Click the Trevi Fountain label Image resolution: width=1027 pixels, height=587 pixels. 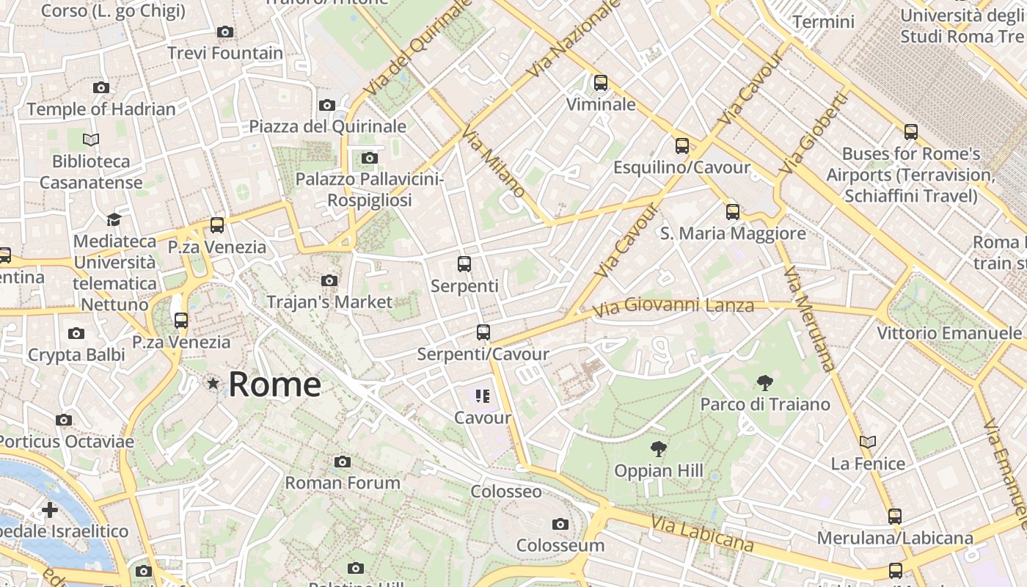(x=225, y=53)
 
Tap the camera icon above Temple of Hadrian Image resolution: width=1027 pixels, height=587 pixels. (x=101, y=88)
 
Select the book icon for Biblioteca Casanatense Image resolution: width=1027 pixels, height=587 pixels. (x=91, y=139)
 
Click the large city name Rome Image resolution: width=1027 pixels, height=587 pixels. (x=274, y=384)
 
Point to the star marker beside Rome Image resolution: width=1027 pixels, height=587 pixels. (x=213, y=383)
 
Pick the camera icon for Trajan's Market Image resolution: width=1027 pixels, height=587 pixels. (x=329, y=280)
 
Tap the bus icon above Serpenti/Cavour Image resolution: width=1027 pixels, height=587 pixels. (x=483, y=332)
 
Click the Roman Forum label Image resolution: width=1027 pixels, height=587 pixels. (x=343, y=483)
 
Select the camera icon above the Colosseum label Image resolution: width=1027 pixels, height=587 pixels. (x=560, y=524)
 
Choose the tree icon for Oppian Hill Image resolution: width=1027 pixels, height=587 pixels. (x=659, y=449)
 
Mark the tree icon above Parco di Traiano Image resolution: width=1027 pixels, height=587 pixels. (x=765, y=382)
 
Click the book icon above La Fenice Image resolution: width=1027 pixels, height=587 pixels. (x=868, y=442)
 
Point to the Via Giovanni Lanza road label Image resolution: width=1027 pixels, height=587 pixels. (x=673, y=307)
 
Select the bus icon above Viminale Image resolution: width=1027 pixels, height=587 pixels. (x=601, y=83)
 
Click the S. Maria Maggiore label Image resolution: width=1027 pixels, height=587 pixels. (x=733, y=233)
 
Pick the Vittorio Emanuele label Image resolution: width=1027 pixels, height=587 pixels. (x=949, y=333)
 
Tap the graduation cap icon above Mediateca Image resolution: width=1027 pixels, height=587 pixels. (x=114, y=219)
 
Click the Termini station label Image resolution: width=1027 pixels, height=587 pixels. (x=823, y=22)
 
